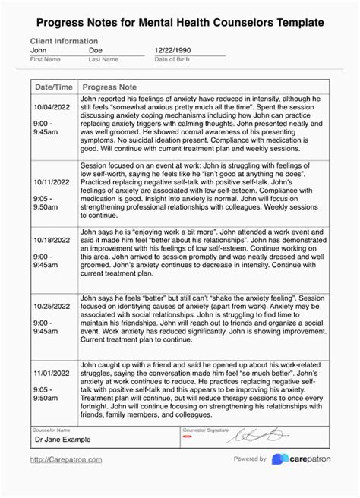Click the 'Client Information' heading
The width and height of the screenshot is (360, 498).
pyautogui.click(x=64, y=41)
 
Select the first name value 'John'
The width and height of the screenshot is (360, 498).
pyautogui.click(x=39, y=50)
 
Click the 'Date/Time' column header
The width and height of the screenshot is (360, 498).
pyautogui.click(x=54, y=87)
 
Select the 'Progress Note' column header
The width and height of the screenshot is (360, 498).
pyautogui.click(x=109, y=87)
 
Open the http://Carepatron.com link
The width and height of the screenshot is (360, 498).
pyautogui.click(x=66, y=459)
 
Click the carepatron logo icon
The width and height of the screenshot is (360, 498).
pyautogui.click(x=279, y=459)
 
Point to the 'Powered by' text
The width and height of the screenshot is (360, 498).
pyautogui.click(x=250, y=459)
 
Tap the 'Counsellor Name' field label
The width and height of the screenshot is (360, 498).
pyautogui.click(x=50, y=429)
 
